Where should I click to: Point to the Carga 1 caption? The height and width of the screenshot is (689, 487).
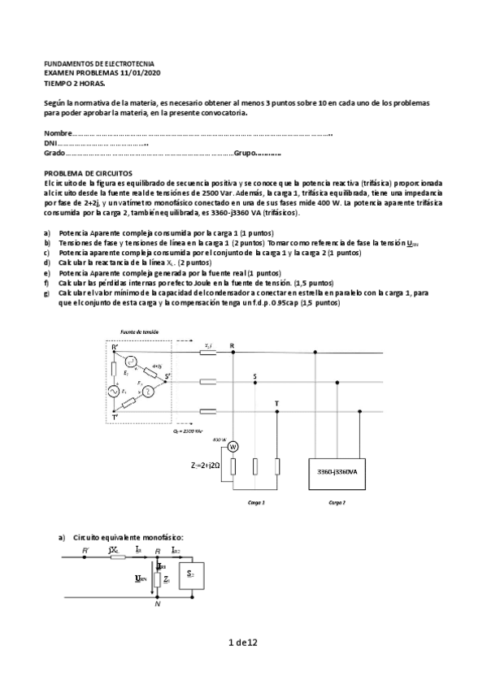click(x=257, y=503)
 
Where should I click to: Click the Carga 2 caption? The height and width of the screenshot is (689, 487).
click(x=337, y=503)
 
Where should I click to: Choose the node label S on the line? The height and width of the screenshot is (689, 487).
click(x=254, y=376)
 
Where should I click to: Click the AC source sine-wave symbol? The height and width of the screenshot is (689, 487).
click(x=113, y=392)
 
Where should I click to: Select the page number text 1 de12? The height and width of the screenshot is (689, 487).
click(x=243, y=643)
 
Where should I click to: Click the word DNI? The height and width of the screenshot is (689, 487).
click(x=50, y=143)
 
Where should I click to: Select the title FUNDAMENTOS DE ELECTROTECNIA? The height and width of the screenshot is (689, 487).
click(x=98, y=63)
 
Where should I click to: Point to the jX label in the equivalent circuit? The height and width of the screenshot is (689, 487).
click(x=115, y=551)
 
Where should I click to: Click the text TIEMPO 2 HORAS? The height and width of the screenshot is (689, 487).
click(x=74, y=81)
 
